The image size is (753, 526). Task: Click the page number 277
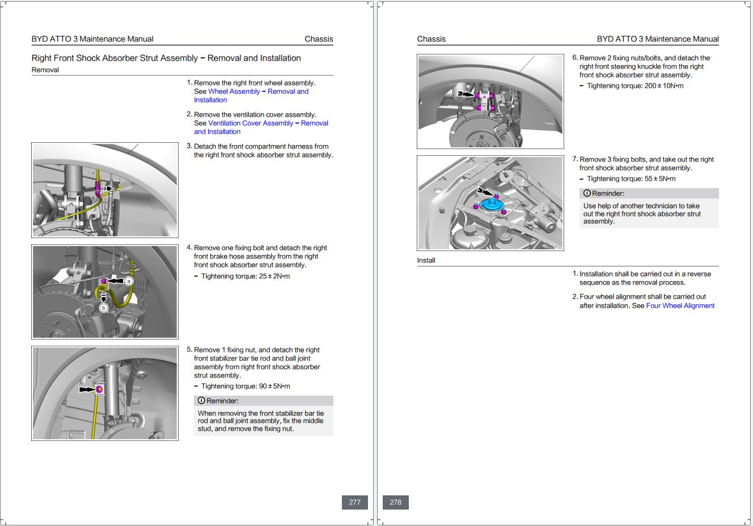[355, 502]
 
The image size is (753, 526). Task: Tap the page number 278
[396, 502]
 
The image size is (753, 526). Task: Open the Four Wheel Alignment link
[680, 306]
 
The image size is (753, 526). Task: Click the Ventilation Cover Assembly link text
[251, 123]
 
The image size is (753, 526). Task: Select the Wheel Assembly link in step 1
[234, 91]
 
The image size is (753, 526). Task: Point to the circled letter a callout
[129, 281]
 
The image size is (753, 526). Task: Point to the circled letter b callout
[103, 308]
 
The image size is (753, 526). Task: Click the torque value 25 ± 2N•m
[274, 276]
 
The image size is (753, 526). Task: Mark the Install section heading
[426, 260]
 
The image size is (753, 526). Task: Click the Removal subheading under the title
[45, 70]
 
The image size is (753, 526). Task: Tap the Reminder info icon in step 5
[201, 401]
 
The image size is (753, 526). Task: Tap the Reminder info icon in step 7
[587, 193]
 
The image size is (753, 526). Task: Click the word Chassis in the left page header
[319, 39]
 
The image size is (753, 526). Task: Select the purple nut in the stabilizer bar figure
[100, 389]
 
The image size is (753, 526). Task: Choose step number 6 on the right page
[575, 58]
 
